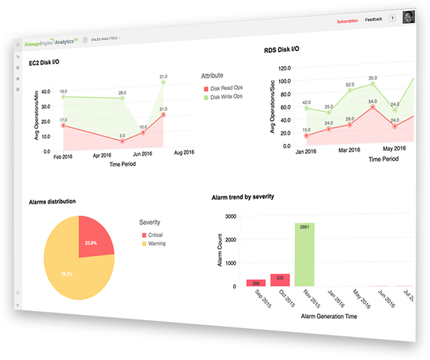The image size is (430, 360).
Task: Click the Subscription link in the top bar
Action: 347,21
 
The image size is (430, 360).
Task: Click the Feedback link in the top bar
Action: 373,19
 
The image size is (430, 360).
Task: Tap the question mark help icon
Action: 392,19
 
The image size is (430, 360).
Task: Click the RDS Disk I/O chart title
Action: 281,50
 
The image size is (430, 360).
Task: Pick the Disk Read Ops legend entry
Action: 226,88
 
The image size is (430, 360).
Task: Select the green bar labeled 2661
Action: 304,255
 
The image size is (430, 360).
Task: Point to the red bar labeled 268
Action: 255,283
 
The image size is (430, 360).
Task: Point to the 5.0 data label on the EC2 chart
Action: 122,136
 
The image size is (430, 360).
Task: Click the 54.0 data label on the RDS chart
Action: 373,102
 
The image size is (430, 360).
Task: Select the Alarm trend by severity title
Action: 243,197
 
